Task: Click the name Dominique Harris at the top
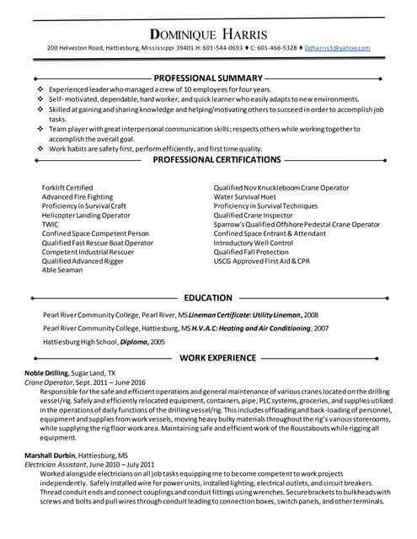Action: [208, 35]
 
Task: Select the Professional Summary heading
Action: [208, 77]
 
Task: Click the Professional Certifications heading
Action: [208, 159]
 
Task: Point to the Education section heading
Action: [208, 297]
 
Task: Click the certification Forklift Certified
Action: [67, 187]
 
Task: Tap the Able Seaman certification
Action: [62, 270]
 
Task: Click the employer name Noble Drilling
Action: [45, 372]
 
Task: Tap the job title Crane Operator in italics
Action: [47, 382]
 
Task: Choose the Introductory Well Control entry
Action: [254, 243]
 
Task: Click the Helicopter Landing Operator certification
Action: [86, 215]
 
